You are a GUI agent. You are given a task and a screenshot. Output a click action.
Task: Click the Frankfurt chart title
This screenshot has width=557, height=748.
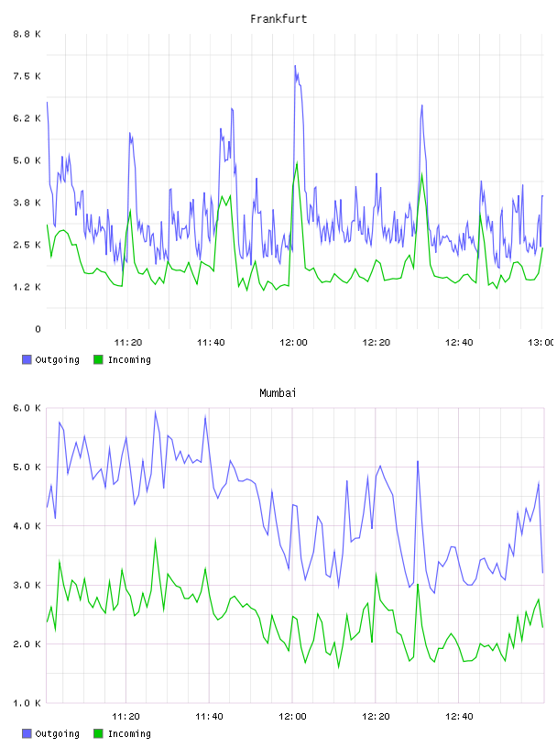click(x=278, y=19)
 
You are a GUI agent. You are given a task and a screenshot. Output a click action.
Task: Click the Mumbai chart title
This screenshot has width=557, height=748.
click(x=278, y=393)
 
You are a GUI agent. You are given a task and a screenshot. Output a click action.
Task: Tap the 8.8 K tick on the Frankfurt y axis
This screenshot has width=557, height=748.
click(x=27, y=34)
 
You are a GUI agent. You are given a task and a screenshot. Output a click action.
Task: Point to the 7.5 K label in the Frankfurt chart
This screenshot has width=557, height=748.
click(x=27, y=76)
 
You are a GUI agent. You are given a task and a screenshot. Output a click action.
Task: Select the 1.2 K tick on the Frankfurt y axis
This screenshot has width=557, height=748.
click(x=27, y=287)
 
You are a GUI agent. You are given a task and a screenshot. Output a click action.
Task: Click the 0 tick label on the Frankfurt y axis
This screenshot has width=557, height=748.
click(x=38, y=329)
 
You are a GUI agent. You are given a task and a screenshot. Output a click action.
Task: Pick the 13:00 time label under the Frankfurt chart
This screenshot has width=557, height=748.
click(x=541, y=343)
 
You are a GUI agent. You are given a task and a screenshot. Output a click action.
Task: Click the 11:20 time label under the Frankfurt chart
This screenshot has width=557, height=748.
click(x=128, y=343)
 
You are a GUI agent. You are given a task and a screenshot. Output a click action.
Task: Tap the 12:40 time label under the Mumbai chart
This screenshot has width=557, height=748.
click(x=459, y=717)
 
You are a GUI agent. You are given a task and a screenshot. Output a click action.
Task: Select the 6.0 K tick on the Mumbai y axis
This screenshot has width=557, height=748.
click(x=27, y=408)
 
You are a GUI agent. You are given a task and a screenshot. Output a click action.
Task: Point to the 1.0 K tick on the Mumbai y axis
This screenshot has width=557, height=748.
click(x=27, y=703)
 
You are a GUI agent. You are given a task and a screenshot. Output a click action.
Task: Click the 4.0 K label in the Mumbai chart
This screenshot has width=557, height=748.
click(x=27, y=526)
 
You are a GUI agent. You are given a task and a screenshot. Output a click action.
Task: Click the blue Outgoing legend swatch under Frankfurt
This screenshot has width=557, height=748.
click(x=27, y=359)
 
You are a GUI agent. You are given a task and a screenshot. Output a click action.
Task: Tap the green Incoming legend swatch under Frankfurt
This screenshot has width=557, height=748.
click(x=98, y=359)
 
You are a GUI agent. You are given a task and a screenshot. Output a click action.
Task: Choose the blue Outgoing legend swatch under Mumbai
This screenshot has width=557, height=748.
click(x=27, y=733)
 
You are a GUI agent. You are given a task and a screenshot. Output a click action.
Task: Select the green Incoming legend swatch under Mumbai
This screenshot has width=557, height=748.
click(x=98, y=733)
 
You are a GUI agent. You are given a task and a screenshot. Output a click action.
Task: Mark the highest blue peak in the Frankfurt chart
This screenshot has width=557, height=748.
click(x=295, y=66)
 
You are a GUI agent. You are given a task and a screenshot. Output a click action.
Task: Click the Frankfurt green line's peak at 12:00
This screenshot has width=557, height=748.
click(x=297, y=162)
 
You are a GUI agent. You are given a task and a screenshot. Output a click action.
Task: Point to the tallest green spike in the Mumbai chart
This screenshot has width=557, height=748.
click(x=155, y=540)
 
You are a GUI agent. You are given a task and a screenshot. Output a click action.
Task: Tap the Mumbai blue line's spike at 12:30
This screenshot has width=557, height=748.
click(x=418, y=461)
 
